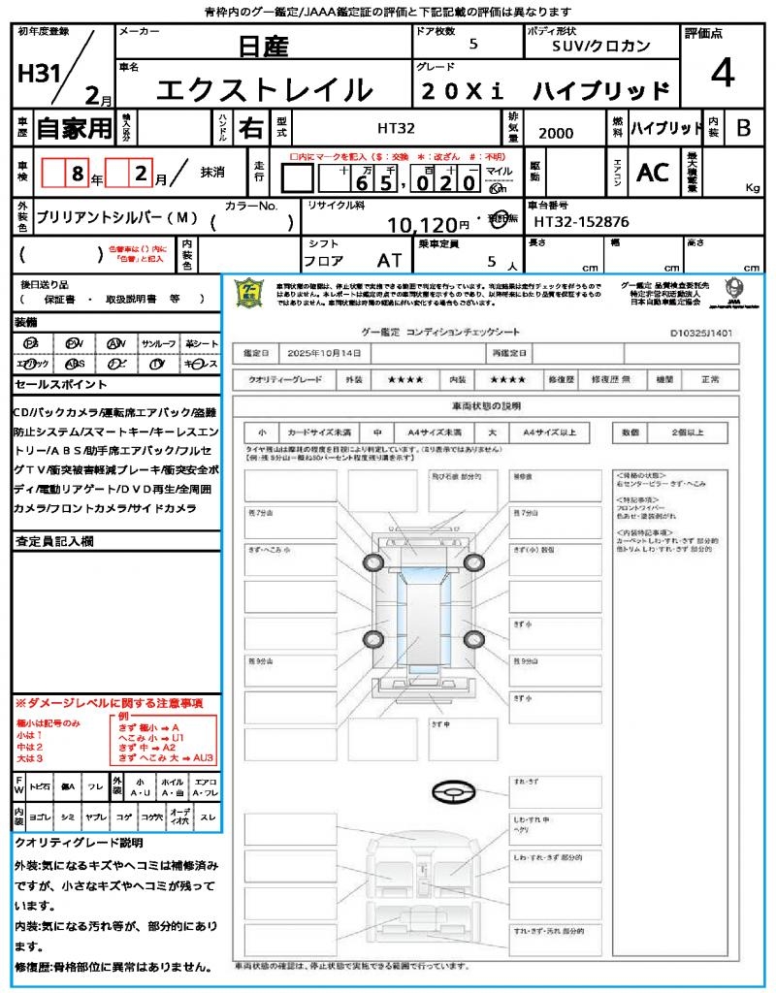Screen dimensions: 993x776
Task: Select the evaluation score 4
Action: pyautogui.click(x=722, y=74)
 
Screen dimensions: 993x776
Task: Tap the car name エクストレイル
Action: pyautogui.click(x=265, y=90)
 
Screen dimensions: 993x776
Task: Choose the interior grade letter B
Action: pyautogui.click(x=743, y=127)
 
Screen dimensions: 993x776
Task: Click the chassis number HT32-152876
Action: pyautogui.click(x=582, y=222)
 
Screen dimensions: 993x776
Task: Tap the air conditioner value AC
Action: pyautogui.click(x=653, y=172)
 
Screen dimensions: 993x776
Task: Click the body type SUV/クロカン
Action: pyautogui.click(x=601, y=46)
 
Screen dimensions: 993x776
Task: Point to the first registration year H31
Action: pyautogui.click(x=40, y=75)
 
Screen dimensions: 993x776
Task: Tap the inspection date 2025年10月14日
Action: pyautogui.click(x=329, y=353)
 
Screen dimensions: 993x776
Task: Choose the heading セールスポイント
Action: pyautogui.click(x=53, y=385)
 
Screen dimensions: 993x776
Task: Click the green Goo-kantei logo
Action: pyautogui.click(x=250, y=293)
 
